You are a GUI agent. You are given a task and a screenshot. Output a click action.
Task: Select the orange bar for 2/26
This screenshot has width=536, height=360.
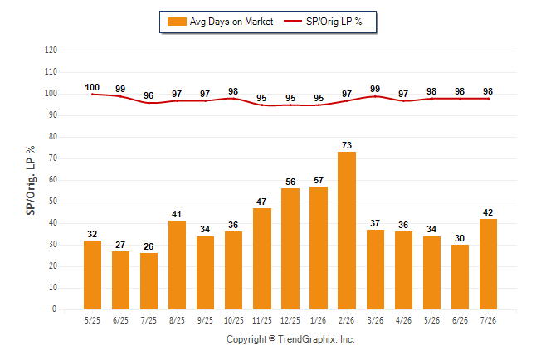click(x=347, y=231)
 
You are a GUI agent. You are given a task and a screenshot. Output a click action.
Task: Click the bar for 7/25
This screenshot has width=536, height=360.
click(x=149, y=281)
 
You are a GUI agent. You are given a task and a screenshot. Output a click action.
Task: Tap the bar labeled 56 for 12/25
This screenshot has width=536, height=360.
click(x=290, y=249)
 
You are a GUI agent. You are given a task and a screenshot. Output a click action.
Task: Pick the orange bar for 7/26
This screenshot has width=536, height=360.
click(x=488, y=264)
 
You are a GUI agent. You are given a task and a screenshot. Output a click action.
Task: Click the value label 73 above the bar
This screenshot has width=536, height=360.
click(x=347, y=145)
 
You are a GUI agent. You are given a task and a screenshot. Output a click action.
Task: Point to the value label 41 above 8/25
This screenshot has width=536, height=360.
click(x=177, y=214)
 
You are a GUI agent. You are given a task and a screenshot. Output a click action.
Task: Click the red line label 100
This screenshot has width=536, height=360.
click(x=92, y=88)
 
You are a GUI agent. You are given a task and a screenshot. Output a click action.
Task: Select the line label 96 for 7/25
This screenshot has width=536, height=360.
click(x=149, y=95)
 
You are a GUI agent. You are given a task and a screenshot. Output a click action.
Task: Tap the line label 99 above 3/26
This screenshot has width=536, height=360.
click(x=375, y=89)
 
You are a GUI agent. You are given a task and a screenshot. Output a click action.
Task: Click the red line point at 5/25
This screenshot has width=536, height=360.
click(x=92, y=95)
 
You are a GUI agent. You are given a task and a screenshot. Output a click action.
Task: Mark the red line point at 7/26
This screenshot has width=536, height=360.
click(x=488, y=99)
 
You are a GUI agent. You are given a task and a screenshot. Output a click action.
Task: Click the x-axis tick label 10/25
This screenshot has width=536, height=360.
click(x=234, y=321)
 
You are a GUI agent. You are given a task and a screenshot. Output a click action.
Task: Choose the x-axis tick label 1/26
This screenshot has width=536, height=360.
click(x=319, y=321)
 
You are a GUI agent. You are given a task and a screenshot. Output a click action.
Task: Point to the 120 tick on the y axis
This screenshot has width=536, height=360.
click(x=51, y=51)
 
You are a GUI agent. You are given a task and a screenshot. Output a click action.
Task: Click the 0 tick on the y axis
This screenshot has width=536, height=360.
click(x=54, y=309)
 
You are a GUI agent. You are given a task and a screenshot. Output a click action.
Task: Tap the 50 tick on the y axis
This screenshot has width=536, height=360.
click(x=53, y=202)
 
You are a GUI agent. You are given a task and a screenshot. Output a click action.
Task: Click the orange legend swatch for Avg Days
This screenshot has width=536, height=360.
click(x=177, y=22)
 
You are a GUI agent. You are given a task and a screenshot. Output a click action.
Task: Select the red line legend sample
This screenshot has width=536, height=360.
click(x=293, y=22)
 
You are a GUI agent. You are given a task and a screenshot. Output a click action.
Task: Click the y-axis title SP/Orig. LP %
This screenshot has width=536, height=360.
click(x=31, y=181)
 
